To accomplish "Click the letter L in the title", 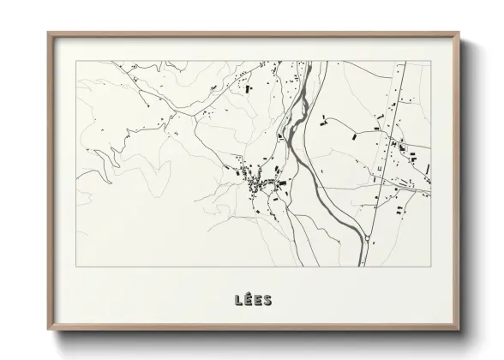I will (x=237, y=299).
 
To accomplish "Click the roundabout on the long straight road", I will (x=368, y=239).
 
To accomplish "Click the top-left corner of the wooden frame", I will (x=49, y=33).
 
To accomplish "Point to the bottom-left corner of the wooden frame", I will (x=49, y=329).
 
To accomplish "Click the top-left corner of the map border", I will (x=76, y=61).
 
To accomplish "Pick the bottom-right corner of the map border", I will (x=430, y=267).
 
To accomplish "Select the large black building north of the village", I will (x=249, y=88).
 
